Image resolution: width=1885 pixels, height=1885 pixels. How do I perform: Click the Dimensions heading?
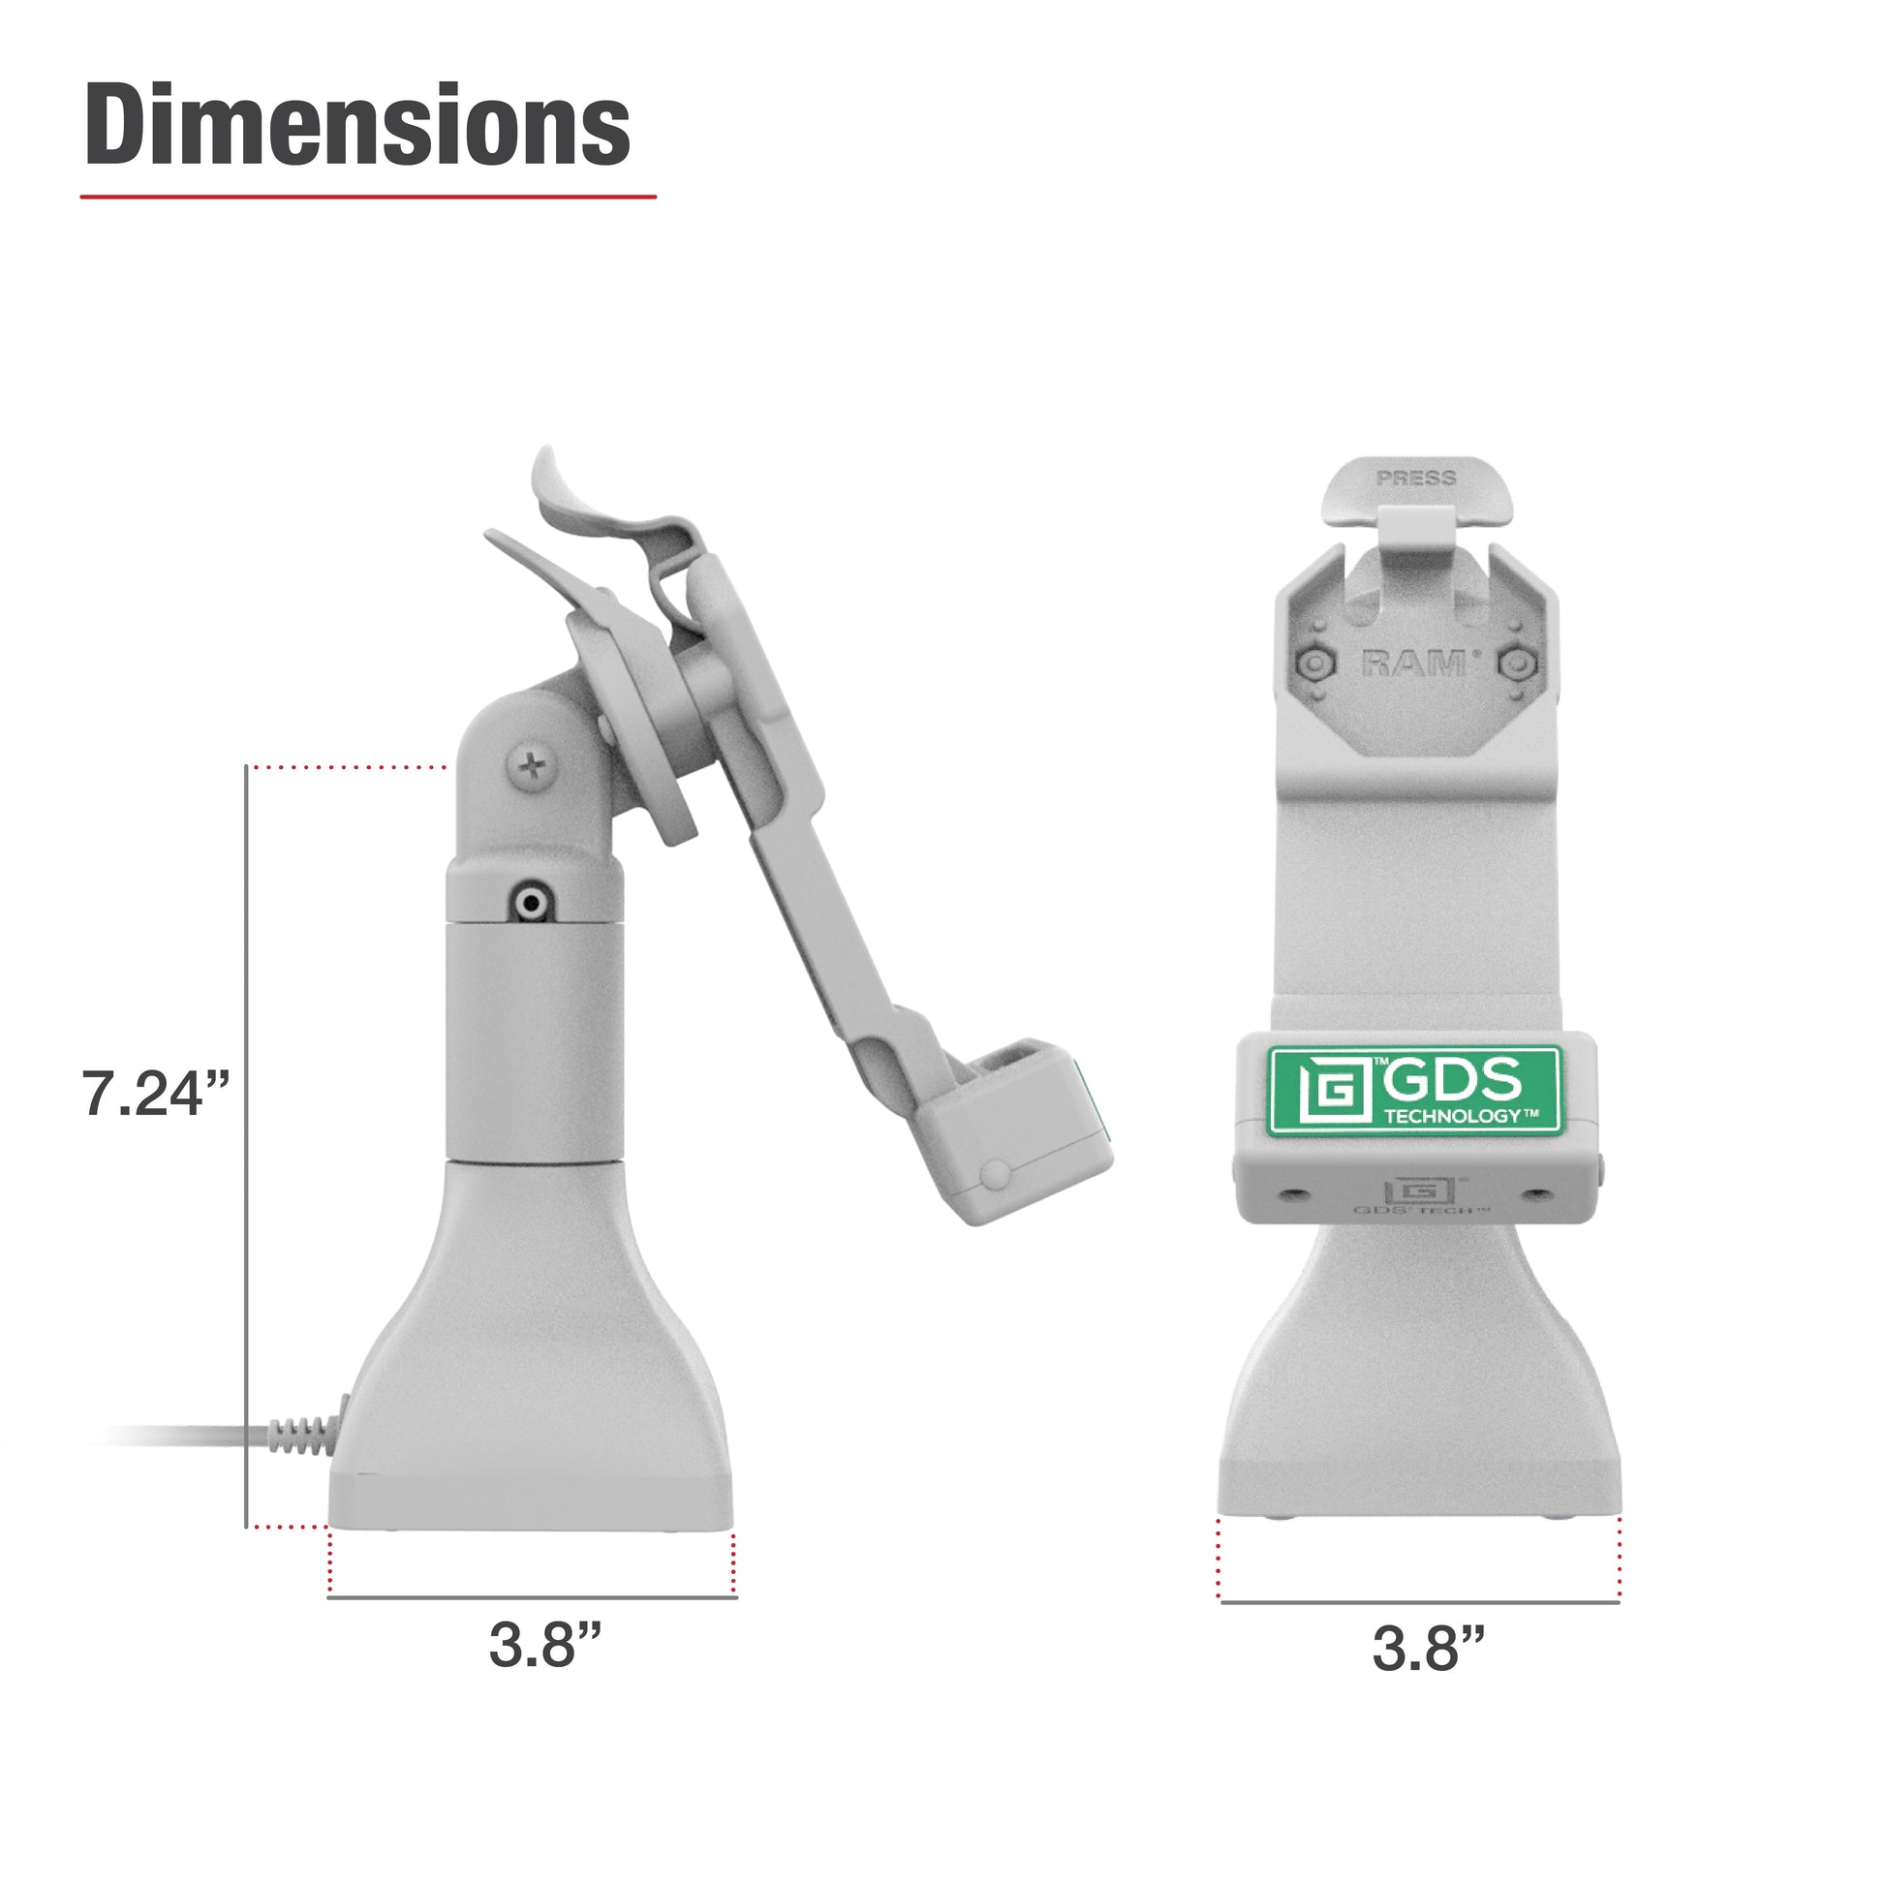[x=357, y=127]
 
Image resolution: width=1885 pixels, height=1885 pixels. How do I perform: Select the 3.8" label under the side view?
[x=544, y=1645]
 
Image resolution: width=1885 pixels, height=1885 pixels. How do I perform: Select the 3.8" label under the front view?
[x=1429, y=1650]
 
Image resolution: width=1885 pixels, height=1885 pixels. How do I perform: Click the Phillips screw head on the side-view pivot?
[x=533, y=767]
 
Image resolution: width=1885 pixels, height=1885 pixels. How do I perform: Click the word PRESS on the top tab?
[x=1416, y=479]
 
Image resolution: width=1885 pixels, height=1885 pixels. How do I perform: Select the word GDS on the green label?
[x=1452, y=1079]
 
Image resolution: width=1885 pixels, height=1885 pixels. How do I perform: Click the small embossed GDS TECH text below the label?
[x=1421, y=1211]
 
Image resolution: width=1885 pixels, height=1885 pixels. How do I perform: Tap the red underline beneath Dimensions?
[x=368, y=196]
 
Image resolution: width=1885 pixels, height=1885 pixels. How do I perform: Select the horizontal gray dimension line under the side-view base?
[x=532, y=1597]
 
